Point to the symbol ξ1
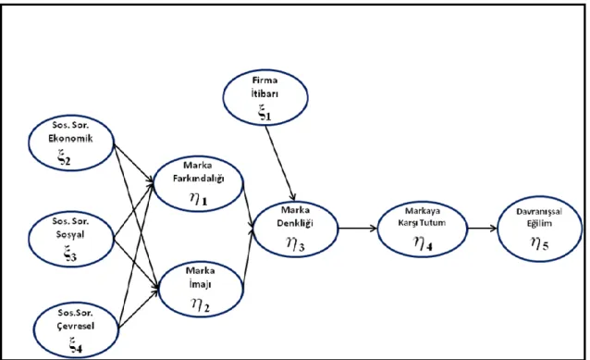tap(264, 113)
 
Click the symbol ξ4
tap(76, 345)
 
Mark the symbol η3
tap(296, 243)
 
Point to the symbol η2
tap(200, 304)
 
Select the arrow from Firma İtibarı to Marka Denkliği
tap(280, 164)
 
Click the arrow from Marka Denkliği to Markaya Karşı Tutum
tap(358, 228)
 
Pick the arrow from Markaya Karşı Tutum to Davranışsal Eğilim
tap(482, 228)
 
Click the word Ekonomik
tap(70, 138)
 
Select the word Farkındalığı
tap(198, 178)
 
